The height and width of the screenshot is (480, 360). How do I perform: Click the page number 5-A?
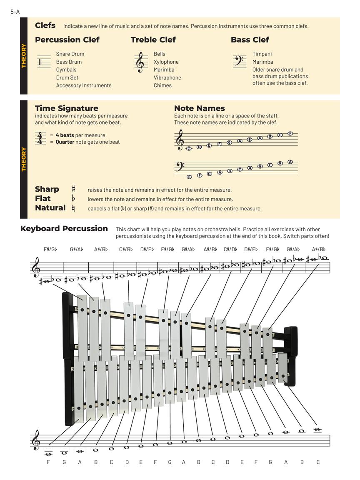(x=15, y=12)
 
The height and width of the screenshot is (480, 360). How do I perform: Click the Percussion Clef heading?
(x=67, y=40)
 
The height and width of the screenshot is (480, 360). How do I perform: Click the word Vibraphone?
(x=167, y=77)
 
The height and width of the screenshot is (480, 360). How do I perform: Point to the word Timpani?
(x=262, y=54)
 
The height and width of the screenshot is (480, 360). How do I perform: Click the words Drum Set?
(x=67, y=77)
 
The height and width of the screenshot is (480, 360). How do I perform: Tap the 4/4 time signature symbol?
(x=40, y=138)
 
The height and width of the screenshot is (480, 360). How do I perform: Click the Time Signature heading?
(x=67, y=108)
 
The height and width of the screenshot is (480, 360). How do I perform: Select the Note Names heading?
(x=199, y=108)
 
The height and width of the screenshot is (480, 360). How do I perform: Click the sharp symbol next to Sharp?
(x=73, y=189)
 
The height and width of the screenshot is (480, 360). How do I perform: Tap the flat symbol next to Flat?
(x=73, y=199)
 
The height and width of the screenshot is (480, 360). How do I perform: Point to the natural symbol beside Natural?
(x=73, y=208)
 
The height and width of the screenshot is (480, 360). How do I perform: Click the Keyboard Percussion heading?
(x=64, y=228)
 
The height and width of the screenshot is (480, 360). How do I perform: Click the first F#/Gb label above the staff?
(x=50, y=250)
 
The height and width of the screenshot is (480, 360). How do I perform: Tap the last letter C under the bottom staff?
(x=318, y=462)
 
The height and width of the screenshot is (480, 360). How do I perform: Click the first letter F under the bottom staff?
(x=48, y=462)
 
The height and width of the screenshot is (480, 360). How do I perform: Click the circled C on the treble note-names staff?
(x=189, y=148)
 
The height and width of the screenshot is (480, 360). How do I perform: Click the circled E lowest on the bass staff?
(x=190, y=177)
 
